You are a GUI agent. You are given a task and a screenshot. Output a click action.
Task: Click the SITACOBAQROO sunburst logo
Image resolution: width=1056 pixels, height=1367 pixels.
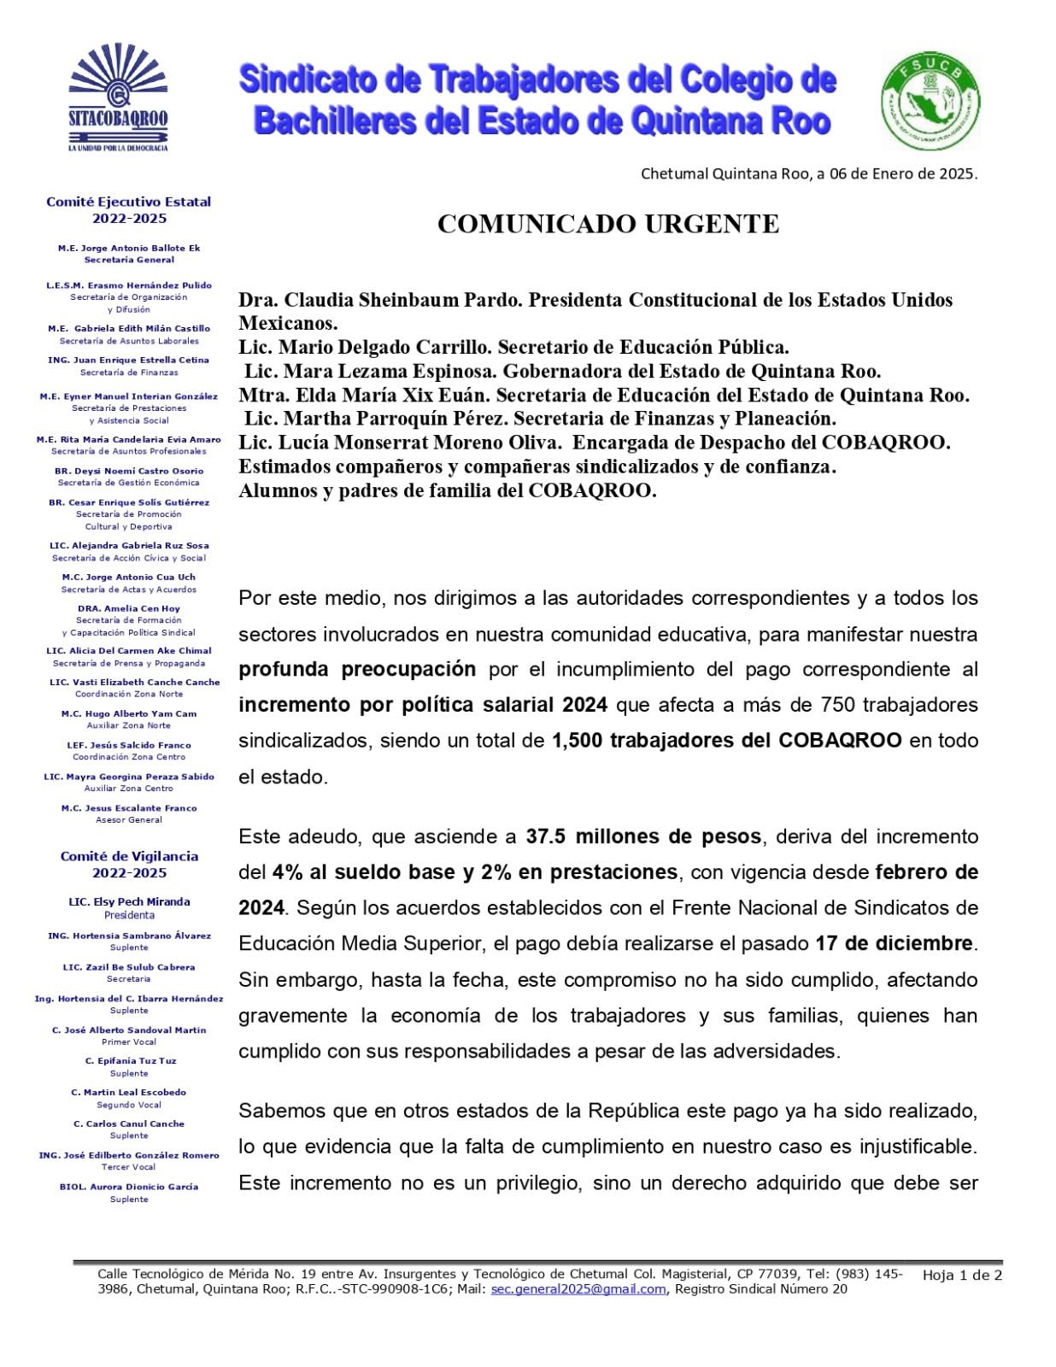click(x=118, y=96)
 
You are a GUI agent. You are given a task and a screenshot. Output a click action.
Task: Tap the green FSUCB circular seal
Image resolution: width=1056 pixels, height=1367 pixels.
click(x=930, y=101)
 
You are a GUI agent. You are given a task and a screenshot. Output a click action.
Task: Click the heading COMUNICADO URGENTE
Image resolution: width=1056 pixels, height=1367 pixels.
click(x=607, y=224)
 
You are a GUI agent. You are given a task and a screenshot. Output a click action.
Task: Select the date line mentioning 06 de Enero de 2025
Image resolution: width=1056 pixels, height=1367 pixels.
click(x=808, y=173)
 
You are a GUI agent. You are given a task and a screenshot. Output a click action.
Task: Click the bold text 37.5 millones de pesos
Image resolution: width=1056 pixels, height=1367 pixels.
click(x=642, y=836)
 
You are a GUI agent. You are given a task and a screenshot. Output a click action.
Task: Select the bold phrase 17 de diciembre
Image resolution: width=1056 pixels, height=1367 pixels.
click(x=894, y=943)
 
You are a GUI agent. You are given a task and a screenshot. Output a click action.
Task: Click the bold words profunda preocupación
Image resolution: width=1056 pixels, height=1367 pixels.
click(x=357, y=669)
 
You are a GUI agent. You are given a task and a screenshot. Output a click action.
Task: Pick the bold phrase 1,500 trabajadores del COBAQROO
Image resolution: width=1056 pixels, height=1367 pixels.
click(x=726, y=740)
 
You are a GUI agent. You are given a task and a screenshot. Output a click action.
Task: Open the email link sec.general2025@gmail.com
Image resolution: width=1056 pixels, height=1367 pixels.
click(x=578, y=1289)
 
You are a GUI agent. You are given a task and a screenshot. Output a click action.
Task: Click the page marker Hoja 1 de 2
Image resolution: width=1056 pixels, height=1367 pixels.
click(x=962, y=1276)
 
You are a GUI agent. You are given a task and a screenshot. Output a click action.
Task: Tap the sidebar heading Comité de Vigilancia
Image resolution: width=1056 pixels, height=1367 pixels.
click(x=129, y=856)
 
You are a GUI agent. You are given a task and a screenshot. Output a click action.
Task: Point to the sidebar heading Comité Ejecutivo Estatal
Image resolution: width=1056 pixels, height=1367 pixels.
click(x=128, y=202)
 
